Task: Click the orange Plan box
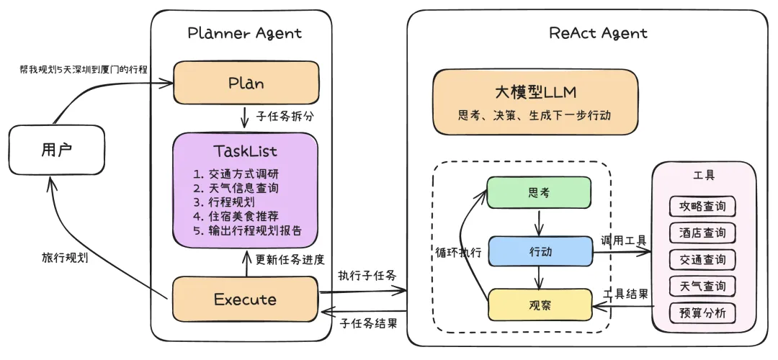click(246, 83)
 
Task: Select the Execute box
click(245, 299)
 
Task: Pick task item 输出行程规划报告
click(247, 231)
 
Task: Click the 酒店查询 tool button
click(702, 233)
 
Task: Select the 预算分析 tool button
click(702, 313)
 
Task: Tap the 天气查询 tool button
click(702, 286)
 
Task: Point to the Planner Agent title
click(244, 33)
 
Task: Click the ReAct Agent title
click(597, 33)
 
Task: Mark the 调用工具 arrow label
click(623, 240)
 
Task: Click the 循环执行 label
click(458, 253)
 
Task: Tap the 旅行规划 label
click(65, 258)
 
